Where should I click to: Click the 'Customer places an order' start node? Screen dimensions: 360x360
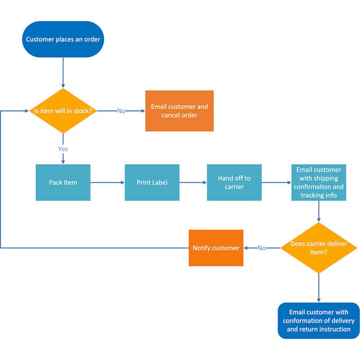tap(63, 39)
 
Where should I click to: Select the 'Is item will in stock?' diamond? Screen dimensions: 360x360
tap(63, 111)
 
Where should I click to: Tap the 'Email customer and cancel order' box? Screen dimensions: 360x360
tap(179, 111)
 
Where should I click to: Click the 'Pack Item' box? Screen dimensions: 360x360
tap(63, 182)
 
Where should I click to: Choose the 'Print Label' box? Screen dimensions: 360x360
tap(152, 182)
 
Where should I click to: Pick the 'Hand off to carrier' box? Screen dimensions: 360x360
tap(234, 182)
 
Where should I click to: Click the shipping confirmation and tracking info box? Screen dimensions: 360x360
tap(318, 182)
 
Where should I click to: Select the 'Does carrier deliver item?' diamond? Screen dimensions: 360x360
tap(318, 248)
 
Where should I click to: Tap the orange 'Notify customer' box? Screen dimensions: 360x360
tap(216, 248)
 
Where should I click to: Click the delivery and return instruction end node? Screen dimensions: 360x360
tap(318, 320)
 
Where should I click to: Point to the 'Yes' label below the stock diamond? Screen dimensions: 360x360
tap(63, 149)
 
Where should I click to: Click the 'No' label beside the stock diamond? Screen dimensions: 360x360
tap(121, 111)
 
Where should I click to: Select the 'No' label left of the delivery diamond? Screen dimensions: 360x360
tap(262, 248)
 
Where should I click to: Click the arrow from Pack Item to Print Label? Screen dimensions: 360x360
tap(107, 182)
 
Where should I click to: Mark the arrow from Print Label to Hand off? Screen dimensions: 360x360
tap(193, 182)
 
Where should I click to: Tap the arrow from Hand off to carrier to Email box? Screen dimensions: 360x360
tap(276, 182)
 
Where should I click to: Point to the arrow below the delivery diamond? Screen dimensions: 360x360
tap(318, 288)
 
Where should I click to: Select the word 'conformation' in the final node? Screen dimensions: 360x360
tap(302, 320)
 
